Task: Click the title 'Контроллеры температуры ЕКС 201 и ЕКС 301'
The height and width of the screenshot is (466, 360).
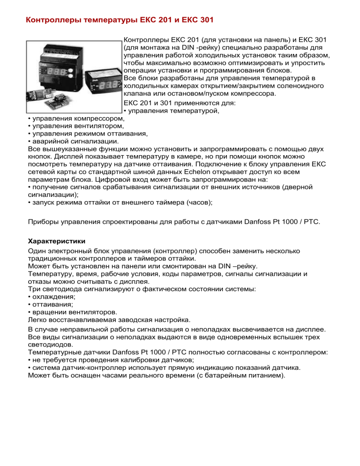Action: pyautogui.click(x=120, y=21)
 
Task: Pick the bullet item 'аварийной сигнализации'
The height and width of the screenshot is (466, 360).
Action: pyautogui.click(x=75, y=141)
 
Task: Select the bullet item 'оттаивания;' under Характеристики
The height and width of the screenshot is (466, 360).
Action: pyautogui.click(x=51, y=304)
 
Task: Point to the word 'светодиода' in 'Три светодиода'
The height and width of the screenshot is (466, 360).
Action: pyautogui.click(x=60, y=289)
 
